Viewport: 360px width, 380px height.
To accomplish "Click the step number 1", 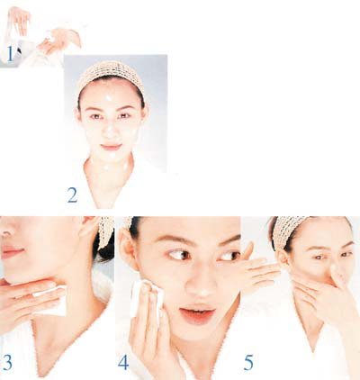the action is click(10, 54).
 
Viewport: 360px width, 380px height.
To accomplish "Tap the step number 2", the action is click(72, 195).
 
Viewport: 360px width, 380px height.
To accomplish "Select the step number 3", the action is click(7, 362).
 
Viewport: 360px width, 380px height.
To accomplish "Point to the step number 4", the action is click(123, 362).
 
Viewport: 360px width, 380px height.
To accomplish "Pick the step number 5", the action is click(248, 362).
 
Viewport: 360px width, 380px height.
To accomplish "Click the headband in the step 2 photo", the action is click(111, 74).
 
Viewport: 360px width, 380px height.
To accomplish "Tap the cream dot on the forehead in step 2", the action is click(109, 98).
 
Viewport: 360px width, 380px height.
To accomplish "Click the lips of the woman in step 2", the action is click(112, 147).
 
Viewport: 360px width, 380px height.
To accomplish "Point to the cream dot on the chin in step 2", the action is click(112, 156).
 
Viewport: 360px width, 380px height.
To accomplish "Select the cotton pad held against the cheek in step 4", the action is click(148, 297).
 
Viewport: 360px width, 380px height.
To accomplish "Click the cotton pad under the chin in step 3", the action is click(51, 300).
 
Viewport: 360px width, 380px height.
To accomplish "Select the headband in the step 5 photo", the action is click(285, 231).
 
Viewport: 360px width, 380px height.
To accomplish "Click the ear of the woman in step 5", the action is click(283, 258).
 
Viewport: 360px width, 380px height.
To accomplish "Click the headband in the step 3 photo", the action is click(105, 231).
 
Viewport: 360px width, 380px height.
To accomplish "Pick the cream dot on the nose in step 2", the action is click(110, 128).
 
